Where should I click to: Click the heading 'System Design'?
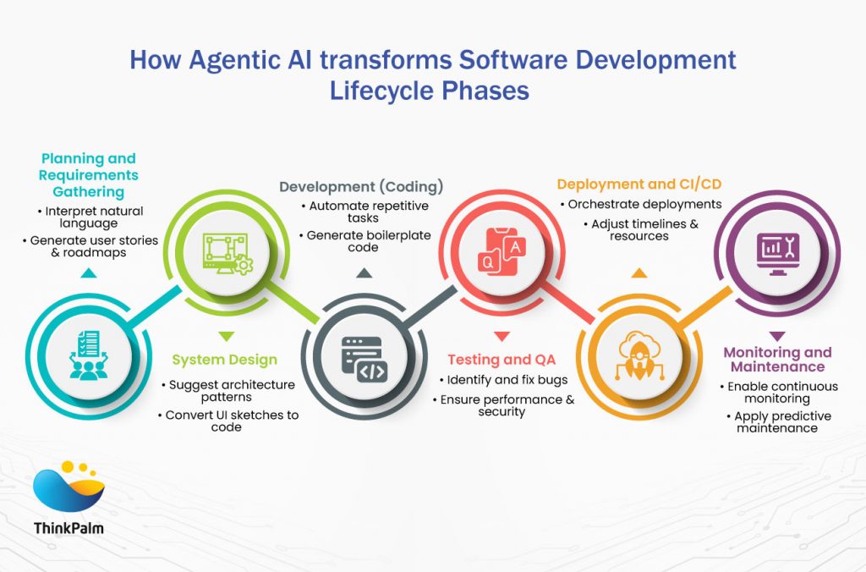224,360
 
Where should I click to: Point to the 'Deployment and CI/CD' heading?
639,184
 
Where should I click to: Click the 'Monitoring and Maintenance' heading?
777,360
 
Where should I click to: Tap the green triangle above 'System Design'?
224,336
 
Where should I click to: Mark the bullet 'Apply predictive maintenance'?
781,421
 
